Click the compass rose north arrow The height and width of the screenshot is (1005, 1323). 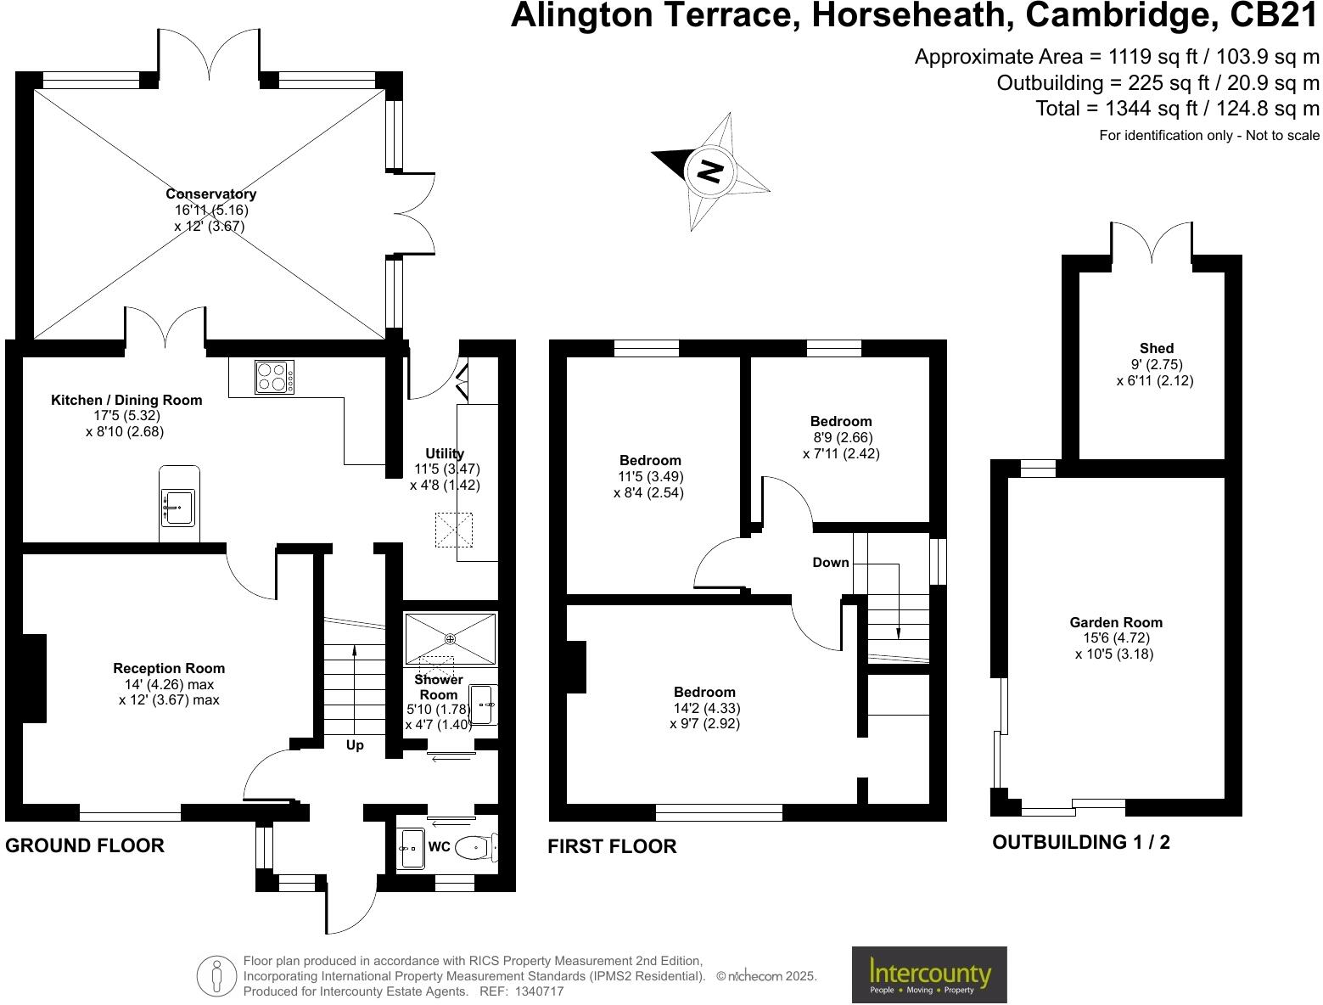(x=709, y=171)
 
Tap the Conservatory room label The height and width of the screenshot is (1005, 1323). (x=210, y=194)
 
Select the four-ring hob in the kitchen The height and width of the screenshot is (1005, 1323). (x=274, y=377)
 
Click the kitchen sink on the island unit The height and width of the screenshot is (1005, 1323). (x=178, y=508)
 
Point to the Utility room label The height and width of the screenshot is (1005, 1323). (x=445, y=453)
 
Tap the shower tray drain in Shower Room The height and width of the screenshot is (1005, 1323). (x=450, y=638)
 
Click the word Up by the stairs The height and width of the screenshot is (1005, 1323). (x=355, y=745)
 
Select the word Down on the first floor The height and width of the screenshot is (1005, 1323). (x=830, y=562)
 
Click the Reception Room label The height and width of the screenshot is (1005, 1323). (x=169, y=668)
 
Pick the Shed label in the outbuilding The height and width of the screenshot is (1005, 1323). (x=1156, y=348)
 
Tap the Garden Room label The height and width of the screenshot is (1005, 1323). (x=1115, y=622)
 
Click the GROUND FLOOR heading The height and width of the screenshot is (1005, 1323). (x=85, y=845)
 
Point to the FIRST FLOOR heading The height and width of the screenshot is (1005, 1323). (x=612, y=846)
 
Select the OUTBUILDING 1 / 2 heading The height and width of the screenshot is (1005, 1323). (x=1080, y=842)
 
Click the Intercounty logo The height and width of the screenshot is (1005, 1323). (x=928, y=974)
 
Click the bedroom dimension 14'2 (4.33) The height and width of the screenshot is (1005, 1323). (x=704, y=708)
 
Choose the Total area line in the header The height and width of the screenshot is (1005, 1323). (x=1177, y=109)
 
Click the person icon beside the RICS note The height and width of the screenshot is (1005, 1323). (x=216, y=976)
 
